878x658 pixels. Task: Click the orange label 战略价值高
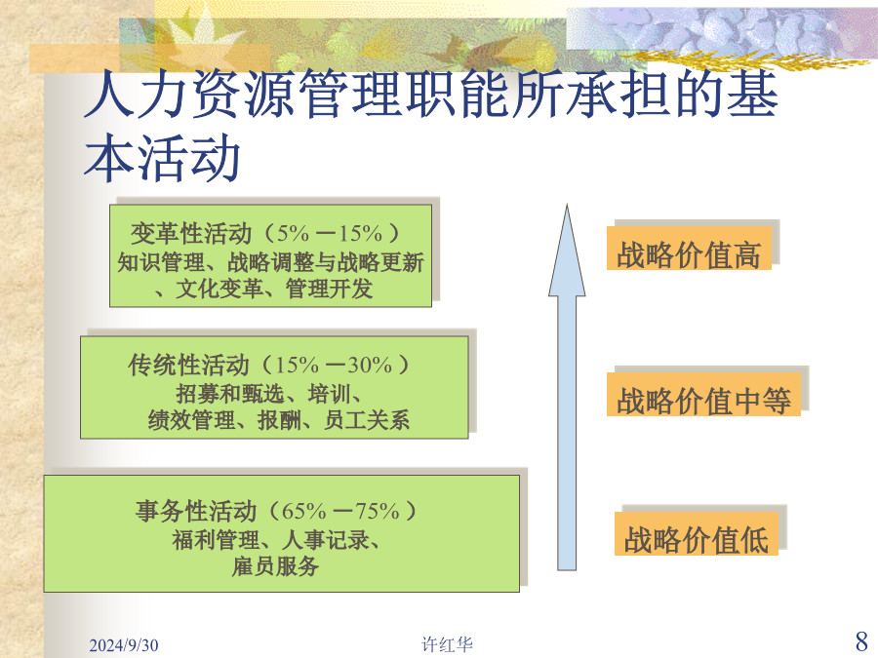(x=689, y=249)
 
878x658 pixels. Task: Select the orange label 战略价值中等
(x=703, y=395)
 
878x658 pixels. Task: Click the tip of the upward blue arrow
(x=567, y=205)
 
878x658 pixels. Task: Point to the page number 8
(x=861, y=640)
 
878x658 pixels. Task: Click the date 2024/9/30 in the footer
(x=123, y=645)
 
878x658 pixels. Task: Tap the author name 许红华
(x=447, y=644)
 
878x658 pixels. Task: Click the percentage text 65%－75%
(x=340, y=511)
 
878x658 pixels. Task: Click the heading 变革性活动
(x=191, y=233)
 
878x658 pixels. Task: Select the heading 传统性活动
(x=188, y=366)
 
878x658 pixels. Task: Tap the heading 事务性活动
(x=195, y=511)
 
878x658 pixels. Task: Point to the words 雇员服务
(x=275, y=566)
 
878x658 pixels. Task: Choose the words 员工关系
(x=366, y=420)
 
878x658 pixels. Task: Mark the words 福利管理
(x=216, y=540)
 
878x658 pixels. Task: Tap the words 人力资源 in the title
(x=188, y=94)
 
